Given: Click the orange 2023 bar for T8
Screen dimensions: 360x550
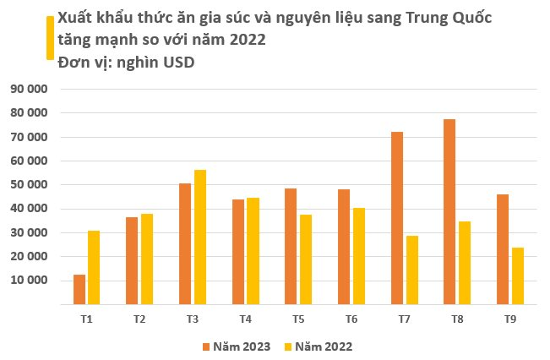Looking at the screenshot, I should [x=449, y=211].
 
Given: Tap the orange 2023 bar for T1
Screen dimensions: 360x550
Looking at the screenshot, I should [x=79, y=289].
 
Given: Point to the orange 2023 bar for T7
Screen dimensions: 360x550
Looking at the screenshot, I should [x=397, y=217].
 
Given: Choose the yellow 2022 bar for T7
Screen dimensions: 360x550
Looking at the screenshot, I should [x=411, y=270].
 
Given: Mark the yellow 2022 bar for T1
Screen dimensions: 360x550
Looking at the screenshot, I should [x=94, y=267].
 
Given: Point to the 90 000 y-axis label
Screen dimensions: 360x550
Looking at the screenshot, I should [x=30, y=89].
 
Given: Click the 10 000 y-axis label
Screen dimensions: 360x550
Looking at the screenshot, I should [x=30, y=280].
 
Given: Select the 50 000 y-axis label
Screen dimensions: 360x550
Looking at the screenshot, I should [x=30, y=184].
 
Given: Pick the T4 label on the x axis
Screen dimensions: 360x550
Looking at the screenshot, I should [x=245, y=319].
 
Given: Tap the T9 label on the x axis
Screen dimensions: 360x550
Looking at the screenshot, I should [x=509, y=319].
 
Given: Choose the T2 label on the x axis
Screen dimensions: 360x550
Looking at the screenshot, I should [x=139, y=319].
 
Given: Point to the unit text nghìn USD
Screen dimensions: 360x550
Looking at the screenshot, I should [x=154, y=62].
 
